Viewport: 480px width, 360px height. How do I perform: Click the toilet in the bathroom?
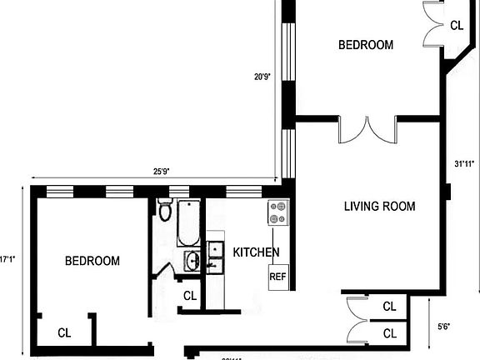(x=164, y=211)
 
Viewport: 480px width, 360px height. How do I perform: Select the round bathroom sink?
(x=191, y=261)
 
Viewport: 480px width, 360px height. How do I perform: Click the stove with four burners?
(x=277, y=213)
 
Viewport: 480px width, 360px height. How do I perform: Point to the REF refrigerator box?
(x=277, y=277)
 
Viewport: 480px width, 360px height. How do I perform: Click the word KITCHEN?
(x=256, y=252)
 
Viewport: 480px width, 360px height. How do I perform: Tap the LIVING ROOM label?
(x=379, y=206)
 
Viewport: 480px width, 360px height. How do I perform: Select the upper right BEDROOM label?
(x=365, y=46)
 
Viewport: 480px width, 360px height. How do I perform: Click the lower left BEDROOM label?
(x=92, y=261)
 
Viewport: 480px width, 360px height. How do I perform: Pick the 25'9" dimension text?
(x=162, y=172)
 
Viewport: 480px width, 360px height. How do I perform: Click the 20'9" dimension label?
(x=262, y=77)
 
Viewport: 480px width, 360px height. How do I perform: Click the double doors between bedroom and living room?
(x=367, y=132)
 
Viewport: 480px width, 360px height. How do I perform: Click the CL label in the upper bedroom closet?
(x=456, y=26)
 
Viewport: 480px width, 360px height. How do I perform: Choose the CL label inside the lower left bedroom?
(x=64, y=332)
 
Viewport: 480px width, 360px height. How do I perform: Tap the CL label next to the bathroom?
(x=189, y=295)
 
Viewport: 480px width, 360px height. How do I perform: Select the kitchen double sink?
(x=215, y=257)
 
